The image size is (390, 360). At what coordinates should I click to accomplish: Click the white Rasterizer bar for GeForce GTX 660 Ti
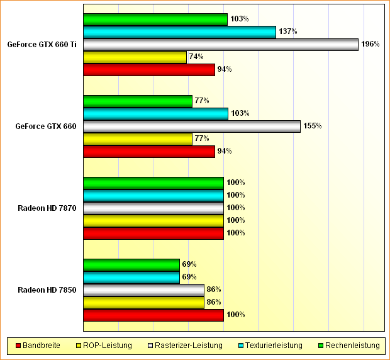(220, 45)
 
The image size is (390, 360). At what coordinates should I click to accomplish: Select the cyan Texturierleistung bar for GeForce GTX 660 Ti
(179, 32)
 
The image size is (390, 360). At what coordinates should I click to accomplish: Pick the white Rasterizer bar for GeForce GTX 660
(191, 127)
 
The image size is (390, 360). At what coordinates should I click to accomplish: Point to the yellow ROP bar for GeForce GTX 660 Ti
(135, 57)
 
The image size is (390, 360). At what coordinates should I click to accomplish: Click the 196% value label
(369, 44)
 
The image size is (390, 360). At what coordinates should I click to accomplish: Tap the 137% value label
(287, 31)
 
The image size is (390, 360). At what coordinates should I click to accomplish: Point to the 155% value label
(312, 126)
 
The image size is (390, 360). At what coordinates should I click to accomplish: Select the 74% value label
(196, 57)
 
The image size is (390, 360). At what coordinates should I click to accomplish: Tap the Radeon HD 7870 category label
(47, 208)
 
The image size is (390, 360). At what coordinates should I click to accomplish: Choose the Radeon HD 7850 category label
(47, 290)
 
